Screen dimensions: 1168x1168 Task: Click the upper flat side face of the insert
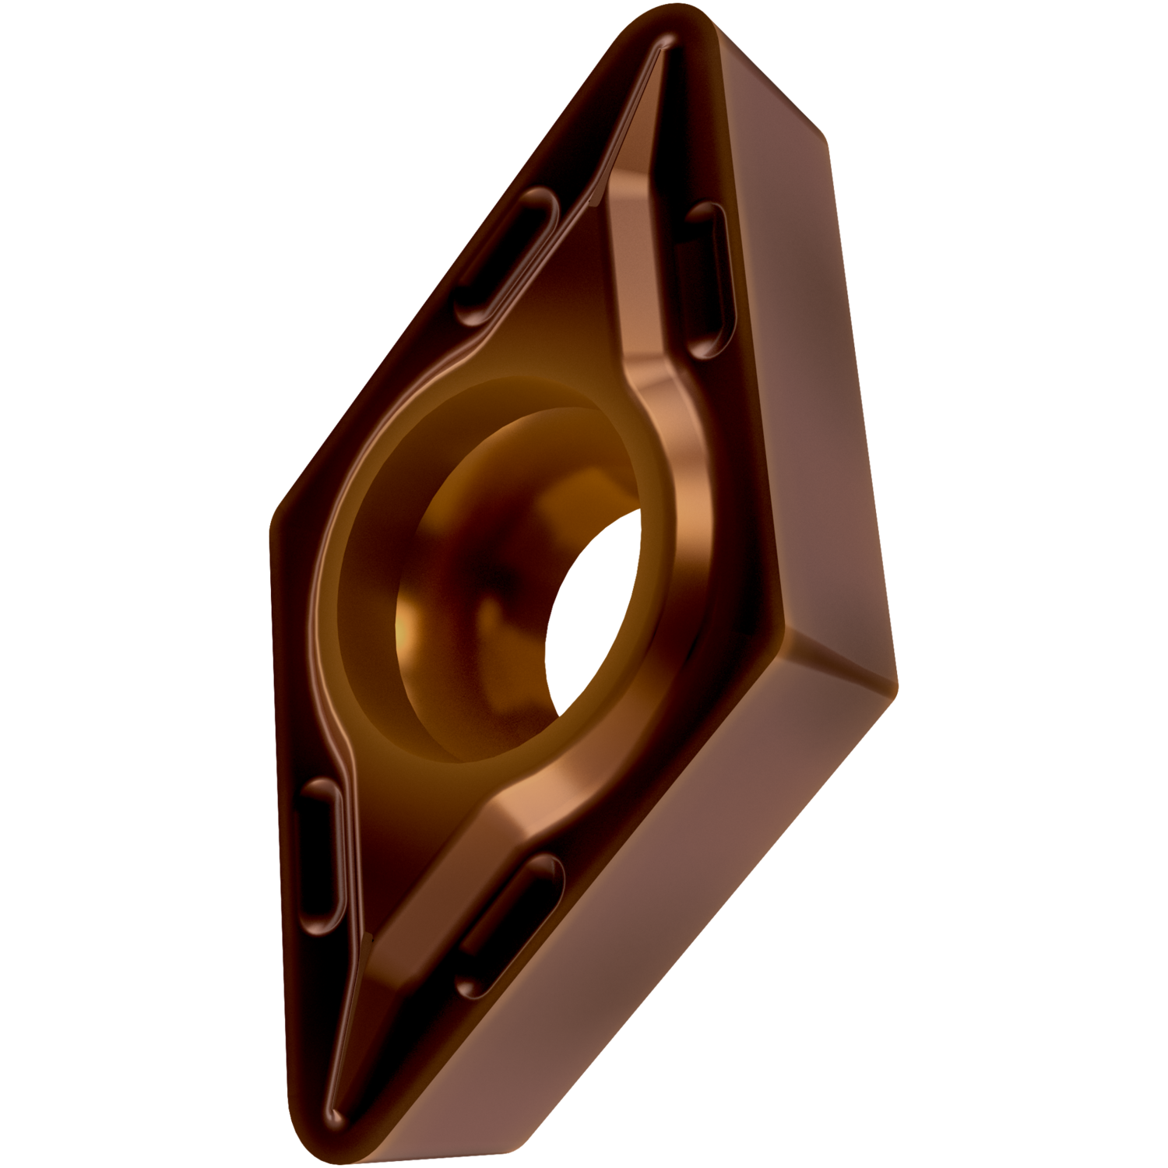pos(794,350)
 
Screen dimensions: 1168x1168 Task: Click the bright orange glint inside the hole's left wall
pos(409,623)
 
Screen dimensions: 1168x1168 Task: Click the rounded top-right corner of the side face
pos(810,117)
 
